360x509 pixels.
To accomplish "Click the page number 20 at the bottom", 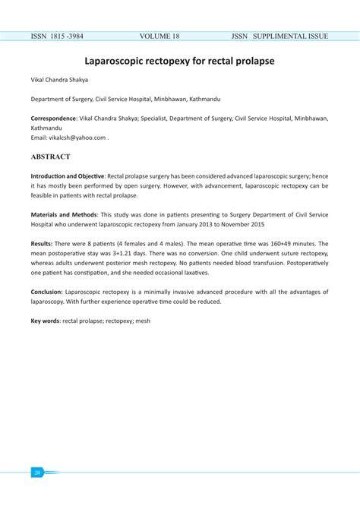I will click(x=36, y=472).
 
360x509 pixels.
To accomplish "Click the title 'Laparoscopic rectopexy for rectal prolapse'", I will click(x=179, y=58).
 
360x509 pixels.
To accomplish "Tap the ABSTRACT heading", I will click(x=51, y=157).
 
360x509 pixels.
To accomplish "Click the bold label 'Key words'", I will click(x=46, y=321).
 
